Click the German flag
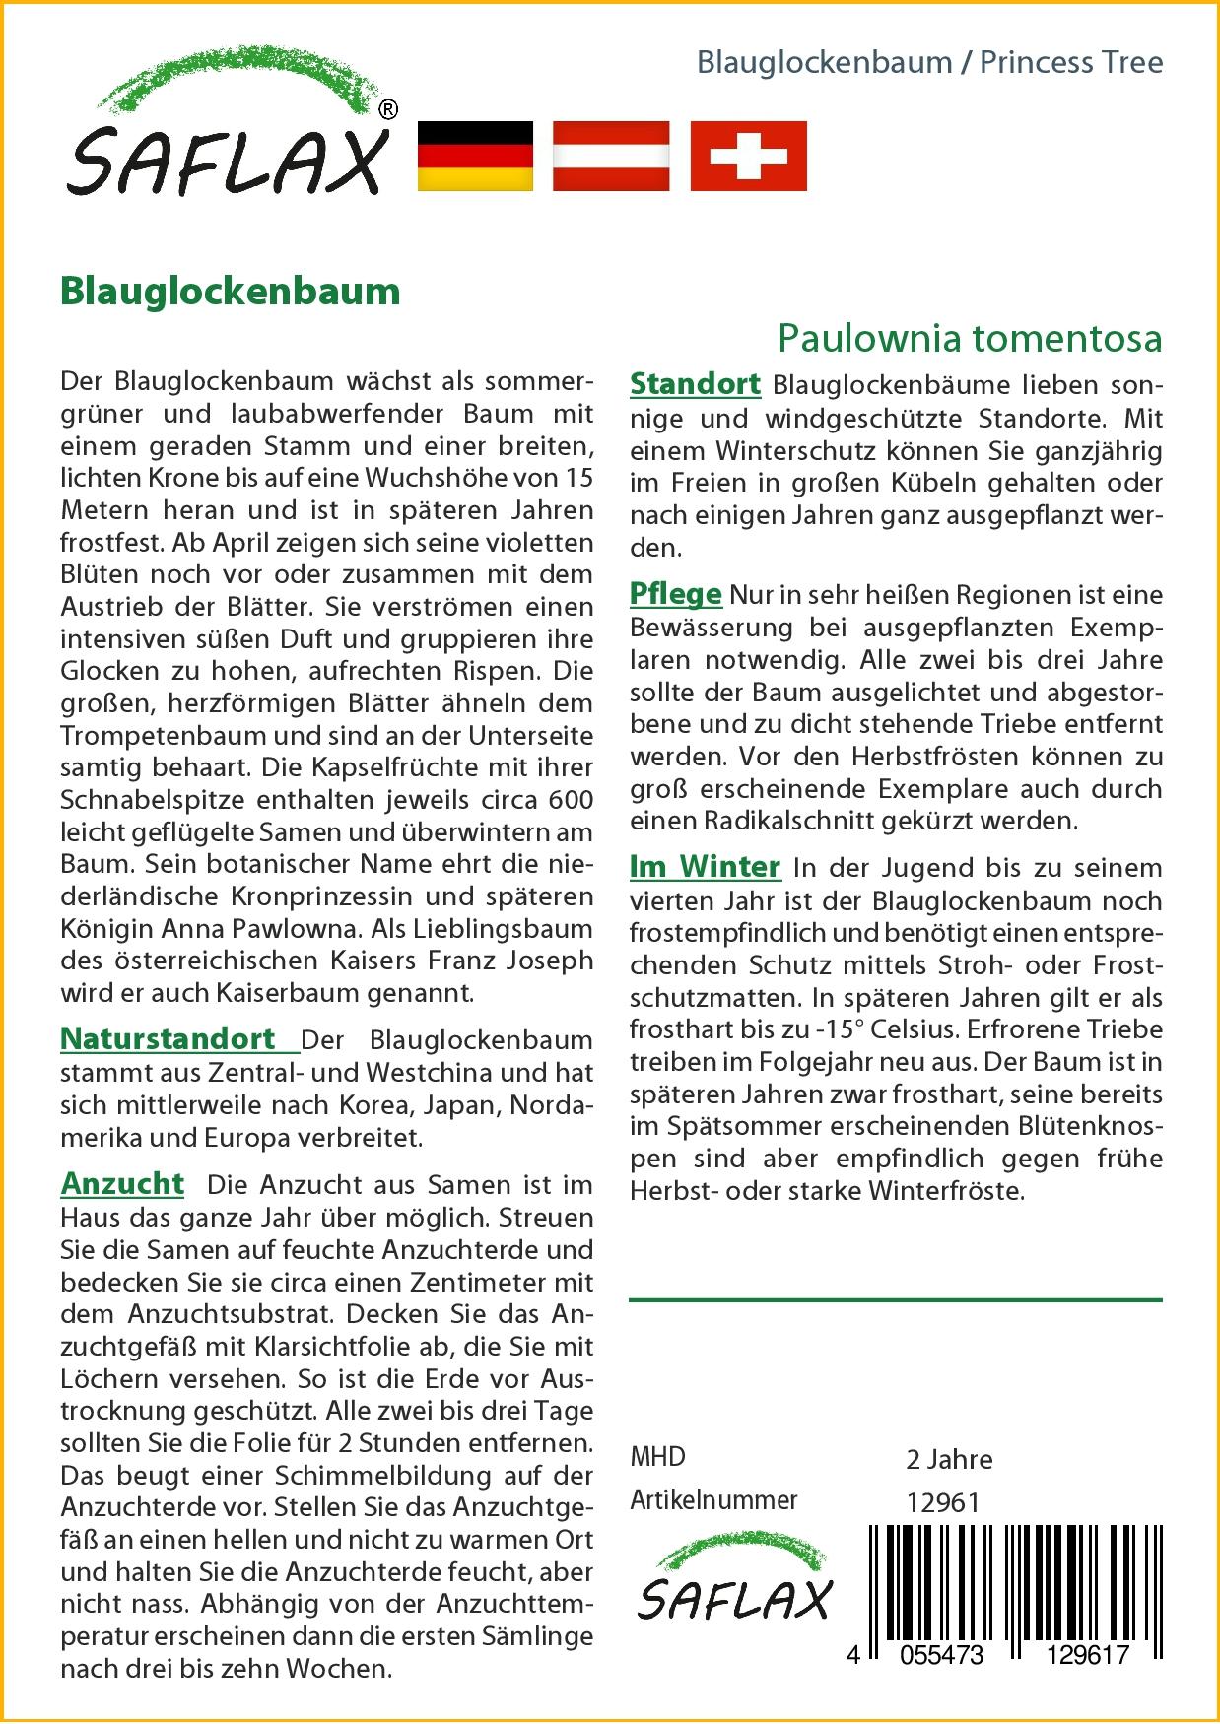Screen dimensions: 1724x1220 (x=475, y=156)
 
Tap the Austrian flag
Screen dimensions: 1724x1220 (x=611, y=156)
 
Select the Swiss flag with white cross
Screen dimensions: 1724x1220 (x=748, y=156)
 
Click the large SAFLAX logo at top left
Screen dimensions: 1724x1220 (x=227, y=128)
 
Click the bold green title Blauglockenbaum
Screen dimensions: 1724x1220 (x=230, y=292)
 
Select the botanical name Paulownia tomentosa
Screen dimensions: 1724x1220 (x=970, y=338)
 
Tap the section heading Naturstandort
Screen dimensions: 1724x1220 (x=169, y=1038)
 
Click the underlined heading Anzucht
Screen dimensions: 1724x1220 (x=122, y=1183)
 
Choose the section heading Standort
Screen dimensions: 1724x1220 (x=695, y=383)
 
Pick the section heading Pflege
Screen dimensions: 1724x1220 (x=675, y=594)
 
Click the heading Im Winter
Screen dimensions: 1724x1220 (x=705, y=867)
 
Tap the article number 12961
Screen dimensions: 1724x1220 (x=942, y=1502)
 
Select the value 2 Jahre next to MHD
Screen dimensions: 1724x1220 (x=948, y=1459)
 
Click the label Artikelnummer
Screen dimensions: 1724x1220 (x=713, y=1500)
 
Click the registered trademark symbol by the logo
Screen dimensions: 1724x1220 (x=388, y=111)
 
